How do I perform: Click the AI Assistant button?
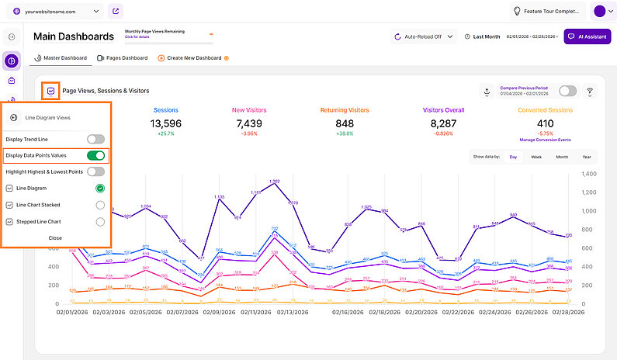tap(588, 36)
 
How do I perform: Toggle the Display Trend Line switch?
tap(95, 139)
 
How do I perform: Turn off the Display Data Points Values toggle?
tap(95, 155)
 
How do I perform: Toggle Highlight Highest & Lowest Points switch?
tap(95, 171)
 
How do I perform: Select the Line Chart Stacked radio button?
tap(99, 205)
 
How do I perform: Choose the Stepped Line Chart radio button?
tap(99, 221)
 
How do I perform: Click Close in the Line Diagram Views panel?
tap(55, 237)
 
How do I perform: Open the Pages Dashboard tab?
tap(122, 58)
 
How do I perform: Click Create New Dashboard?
tap(190, 58)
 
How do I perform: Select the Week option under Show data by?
tap(536, 157)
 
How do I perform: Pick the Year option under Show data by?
tap(587, 157)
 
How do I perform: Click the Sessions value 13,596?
tap(166, 123)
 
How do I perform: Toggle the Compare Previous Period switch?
tap(567, 91)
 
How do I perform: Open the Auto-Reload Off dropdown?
tap(423, 36)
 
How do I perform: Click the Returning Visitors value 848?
tap(345, 123)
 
